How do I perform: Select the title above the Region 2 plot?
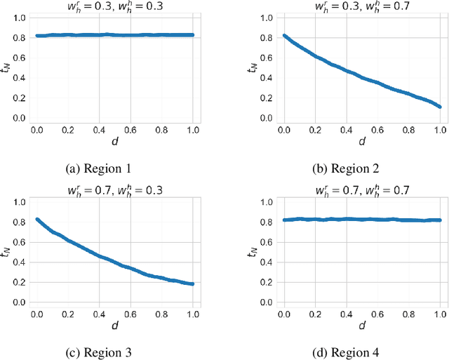pyautogui.click(x=360, y=6)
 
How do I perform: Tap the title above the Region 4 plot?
pyautogui.click(x=360, y=190)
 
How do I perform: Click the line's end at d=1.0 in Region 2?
pyautogui.click(x=439, y=107)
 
